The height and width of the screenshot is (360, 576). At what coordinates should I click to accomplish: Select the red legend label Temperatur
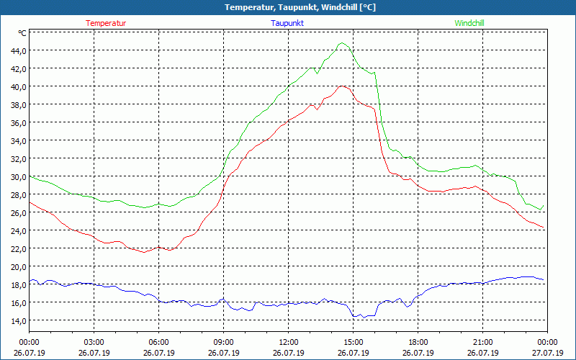106,23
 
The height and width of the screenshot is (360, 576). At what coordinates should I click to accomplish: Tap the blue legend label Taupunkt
287,23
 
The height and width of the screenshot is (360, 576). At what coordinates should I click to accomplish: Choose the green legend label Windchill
469,23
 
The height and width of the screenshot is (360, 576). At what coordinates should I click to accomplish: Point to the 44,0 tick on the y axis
17,50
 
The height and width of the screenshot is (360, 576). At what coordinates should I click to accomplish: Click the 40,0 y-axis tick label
17,86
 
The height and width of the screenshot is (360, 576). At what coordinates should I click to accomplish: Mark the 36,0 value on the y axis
17,122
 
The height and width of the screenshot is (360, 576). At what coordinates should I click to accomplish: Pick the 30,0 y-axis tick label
17,176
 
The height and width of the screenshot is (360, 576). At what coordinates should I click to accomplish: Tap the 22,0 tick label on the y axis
17,248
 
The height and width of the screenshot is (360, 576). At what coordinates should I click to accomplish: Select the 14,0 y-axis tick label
17,320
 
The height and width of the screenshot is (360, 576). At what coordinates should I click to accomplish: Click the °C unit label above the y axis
22,33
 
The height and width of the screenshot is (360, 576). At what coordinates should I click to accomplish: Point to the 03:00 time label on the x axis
94,342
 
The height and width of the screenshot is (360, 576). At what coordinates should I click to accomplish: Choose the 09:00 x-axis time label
223,342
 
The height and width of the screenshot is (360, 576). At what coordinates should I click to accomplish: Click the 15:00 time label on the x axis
353,342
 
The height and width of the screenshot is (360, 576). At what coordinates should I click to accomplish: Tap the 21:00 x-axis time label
482,342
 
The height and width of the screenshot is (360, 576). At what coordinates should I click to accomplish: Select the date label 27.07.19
547,353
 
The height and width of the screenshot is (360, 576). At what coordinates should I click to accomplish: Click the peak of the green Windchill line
343,43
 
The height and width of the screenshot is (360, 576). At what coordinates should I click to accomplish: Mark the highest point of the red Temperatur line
343,86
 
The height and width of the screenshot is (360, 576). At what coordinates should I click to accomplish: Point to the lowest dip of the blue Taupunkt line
354,317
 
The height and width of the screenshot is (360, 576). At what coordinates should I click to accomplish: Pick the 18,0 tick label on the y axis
17,284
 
